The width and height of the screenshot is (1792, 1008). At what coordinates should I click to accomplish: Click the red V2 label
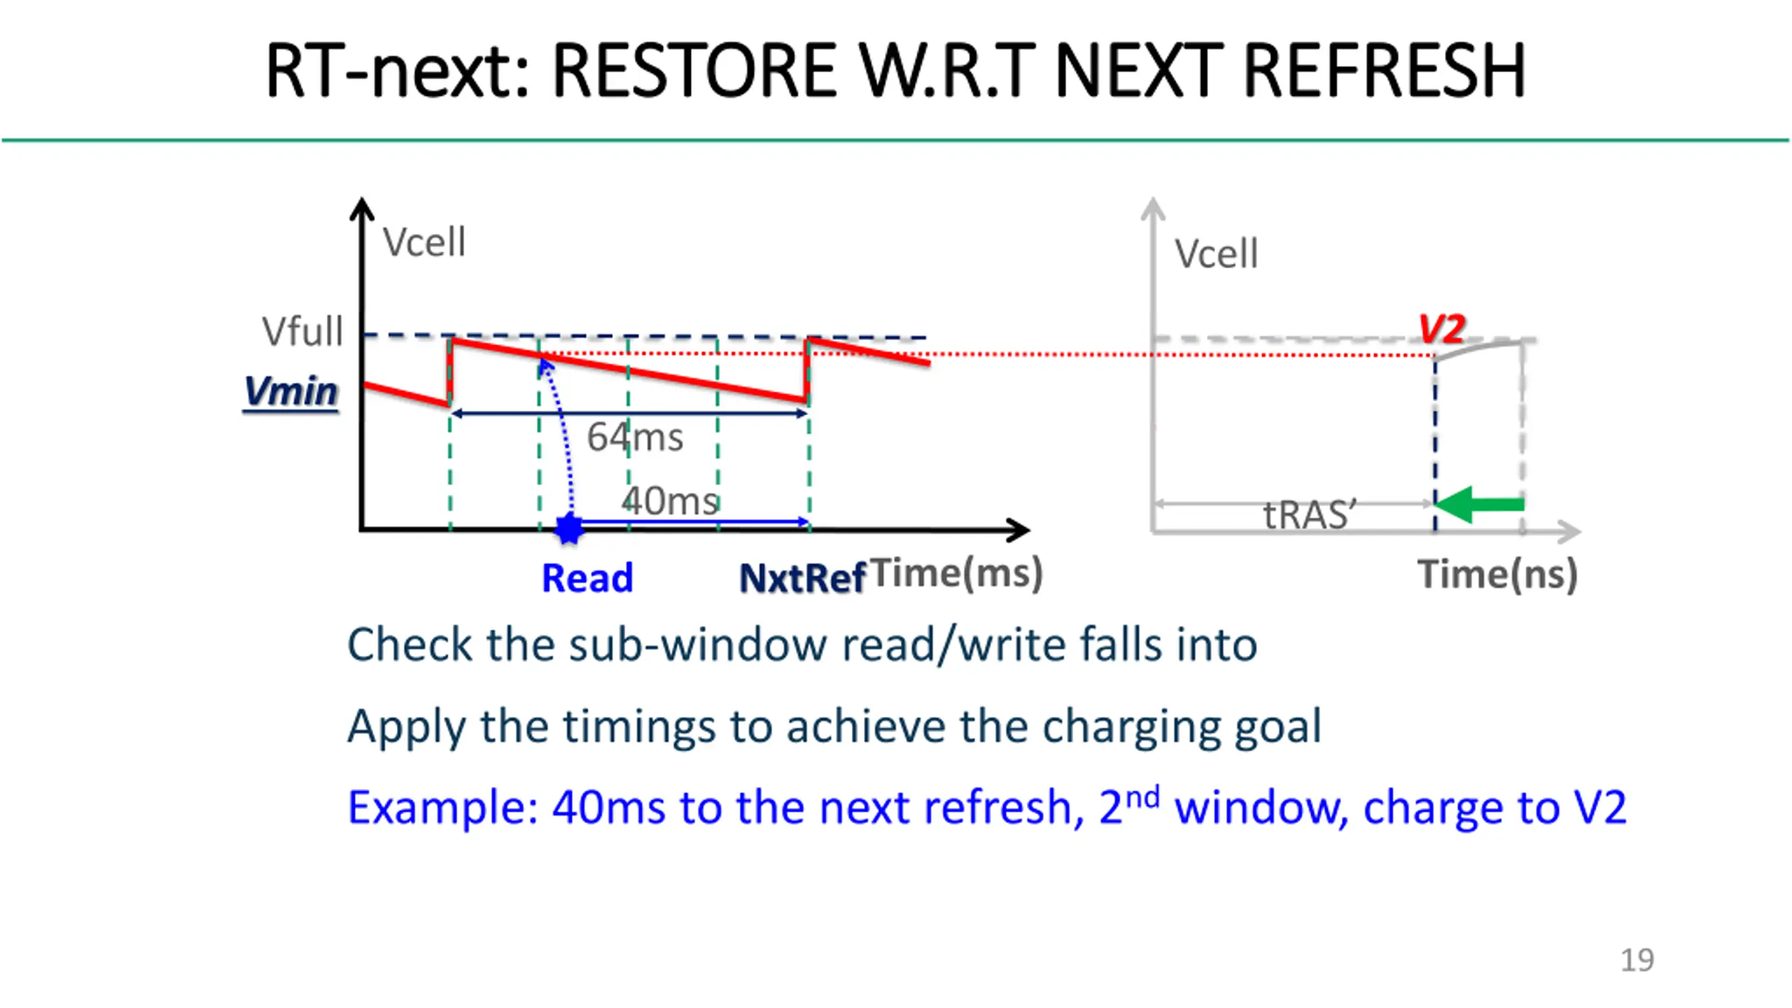[1442, 328]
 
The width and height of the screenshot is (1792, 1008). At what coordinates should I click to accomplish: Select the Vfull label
[302, 331]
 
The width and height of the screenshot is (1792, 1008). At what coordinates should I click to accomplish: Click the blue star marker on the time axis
[569, 528]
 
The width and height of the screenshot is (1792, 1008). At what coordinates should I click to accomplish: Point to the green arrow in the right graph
[1479, 504]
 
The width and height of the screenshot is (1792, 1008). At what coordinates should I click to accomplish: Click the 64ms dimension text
[634, 437]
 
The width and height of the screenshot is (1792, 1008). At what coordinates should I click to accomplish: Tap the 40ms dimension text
[670, 501]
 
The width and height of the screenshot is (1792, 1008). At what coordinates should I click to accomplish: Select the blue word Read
[587, 578]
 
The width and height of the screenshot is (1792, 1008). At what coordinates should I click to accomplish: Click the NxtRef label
[802, 579]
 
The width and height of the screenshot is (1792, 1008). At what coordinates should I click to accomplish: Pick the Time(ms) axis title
[957, 574]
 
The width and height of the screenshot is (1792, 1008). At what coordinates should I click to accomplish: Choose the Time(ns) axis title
[1497, 575]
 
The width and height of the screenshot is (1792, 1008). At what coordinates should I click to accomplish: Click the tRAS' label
[1309, 514]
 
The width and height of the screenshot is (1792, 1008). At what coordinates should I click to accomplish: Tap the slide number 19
[1637, 960]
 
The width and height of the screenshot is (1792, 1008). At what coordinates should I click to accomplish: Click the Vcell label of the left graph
[423, 243]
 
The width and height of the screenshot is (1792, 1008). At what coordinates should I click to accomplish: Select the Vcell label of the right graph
[1216, 253]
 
